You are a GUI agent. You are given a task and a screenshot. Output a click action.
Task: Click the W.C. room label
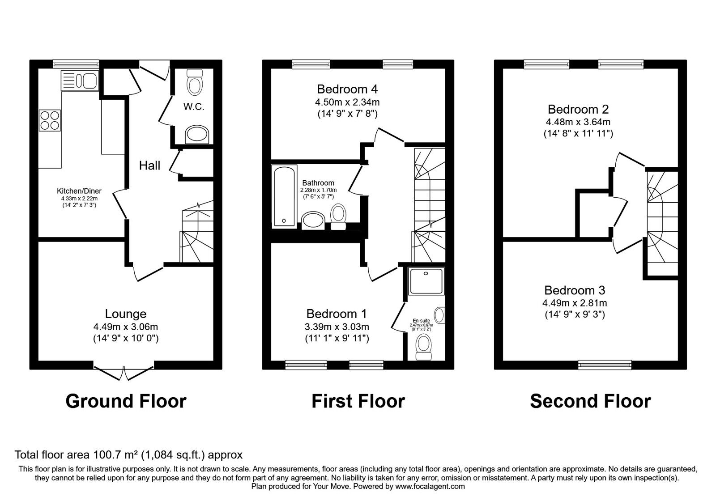[x=194, y=107]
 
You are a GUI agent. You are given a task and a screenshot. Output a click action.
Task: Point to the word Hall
[x=149, y=166]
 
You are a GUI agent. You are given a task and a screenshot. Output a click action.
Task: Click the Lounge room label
[x=125, y=314]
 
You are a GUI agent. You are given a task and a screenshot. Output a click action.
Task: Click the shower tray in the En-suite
[x=426, y=281]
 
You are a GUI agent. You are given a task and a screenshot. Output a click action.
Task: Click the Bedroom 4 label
[x=347, y=89]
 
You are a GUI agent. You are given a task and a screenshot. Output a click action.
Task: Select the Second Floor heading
[x=590, y=401]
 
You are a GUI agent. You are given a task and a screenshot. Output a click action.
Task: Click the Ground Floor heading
[x=126, y=401]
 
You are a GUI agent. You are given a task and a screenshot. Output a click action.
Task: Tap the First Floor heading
[x=358, y=401]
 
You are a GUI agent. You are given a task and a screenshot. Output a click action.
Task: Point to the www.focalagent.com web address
[x=430, y=486]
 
